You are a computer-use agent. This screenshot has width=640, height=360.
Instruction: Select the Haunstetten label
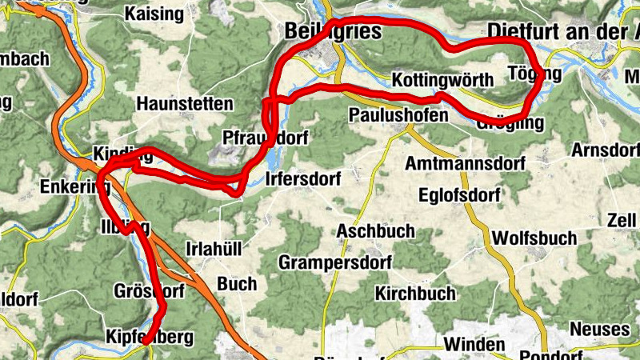pyautogui.click(x=185, y=104)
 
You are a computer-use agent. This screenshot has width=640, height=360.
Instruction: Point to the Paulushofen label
pyautogui.click(x=398, y=115)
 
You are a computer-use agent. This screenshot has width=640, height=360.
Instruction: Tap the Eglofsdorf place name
pyautogui.click(x=459, y=195)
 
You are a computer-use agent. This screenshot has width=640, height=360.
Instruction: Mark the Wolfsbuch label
pyautogui.click(x=535, y=238)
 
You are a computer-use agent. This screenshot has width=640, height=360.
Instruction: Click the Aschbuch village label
pyautogui.click(x=376, y=231)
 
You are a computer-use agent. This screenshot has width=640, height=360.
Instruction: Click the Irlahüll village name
pyautogui.click(x=213, y=249)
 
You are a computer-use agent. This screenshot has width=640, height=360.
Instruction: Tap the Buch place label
pyautogui.click(x=237, y=284)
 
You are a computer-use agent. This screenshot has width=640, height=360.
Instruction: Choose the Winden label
pyautogui.click(x=474, y=346)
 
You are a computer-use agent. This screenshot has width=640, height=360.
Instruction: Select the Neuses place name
pyautogui.click(x=599, y=330)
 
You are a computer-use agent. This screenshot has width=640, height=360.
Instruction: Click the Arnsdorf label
pyautogui.click(x=606, y=150)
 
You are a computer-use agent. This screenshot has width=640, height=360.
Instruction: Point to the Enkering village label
pyautogui.click(x=74, y=188)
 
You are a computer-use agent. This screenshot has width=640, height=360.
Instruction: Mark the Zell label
pyautogui.click(x=622, y=220)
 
